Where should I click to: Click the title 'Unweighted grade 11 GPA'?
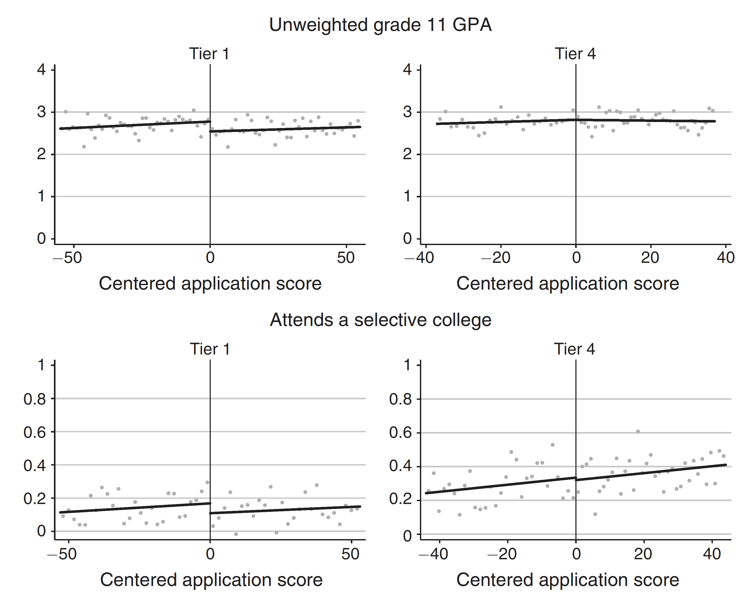coord(380,25)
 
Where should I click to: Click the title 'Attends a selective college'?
coord(380,320)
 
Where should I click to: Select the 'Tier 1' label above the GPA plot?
coord(209,54)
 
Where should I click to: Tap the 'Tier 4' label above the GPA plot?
coord(575,54)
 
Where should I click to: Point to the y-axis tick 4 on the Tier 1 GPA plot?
coord(41,70)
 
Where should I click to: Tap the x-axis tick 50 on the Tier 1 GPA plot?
coord(346,258)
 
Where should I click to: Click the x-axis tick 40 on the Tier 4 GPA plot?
coord(725,258)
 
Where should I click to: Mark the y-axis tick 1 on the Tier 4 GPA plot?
coord(407,196)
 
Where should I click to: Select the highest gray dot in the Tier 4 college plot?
coord(638,431)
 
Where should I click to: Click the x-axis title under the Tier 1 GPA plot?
coord(210,284)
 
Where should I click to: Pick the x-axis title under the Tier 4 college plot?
coord(567,580)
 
